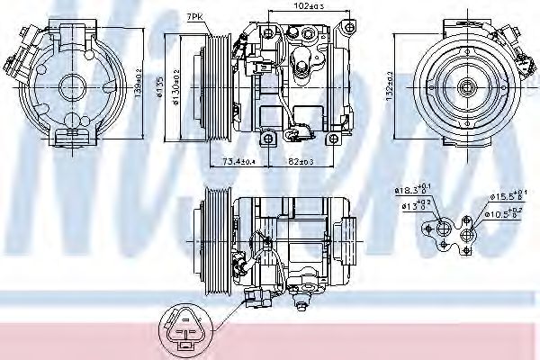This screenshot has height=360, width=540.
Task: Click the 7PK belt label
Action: pyautogui.click(x=194, y=17)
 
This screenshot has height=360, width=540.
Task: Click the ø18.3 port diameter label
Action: pyautogui.click(x=415, y=190)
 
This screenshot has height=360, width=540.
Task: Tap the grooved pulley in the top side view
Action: pyautogui.click(x=216, y=87)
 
